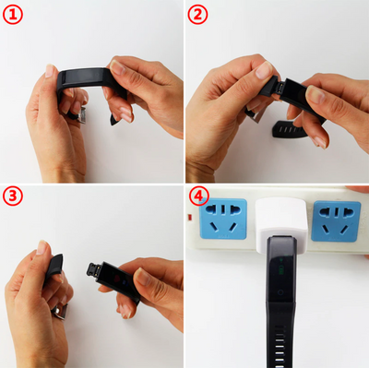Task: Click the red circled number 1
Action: click(13, 15)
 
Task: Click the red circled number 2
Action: click(197, 15)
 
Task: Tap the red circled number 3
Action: click(13, 196)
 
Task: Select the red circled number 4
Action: click(199, 196)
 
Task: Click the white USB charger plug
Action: click(281, 224)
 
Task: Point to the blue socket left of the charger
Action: click(223, 219)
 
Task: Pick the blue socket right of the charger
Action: click(336, 220)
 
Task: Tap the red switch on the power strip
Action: click(190, 218)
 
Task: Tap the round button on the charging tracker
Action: click(280, 292)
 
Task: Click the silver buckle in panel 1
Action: click(81, 115)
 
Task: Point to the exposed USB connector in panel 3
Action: click(93, 268)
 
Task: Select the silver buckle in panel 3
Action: click(61, 311)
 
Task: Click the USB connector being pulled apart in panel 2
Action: click(280, 87)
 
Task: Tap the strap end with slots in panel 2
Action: click(290, 130)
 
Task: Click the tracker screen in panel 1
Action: click(80, 76)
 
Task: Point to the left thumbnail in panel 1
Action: click(50, 71)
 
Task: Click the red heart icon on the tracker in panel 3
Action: click(117, 279)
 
